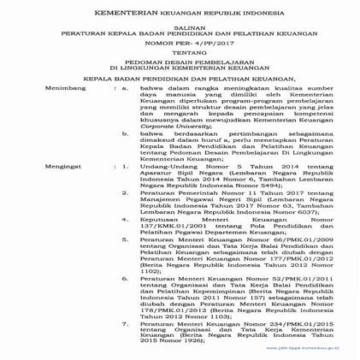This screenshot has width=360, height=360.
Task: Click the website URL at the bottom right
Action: pos(310,350)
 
